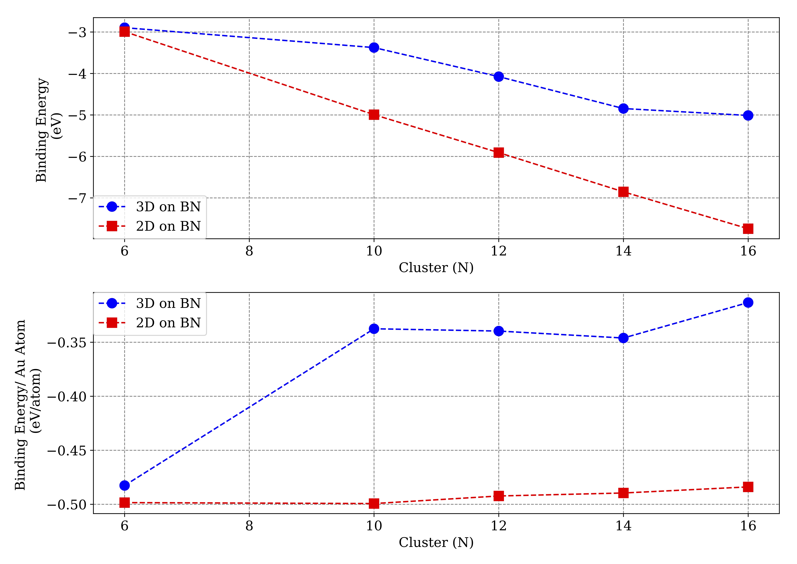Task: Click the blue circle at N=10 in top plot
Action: (x=374, y=48)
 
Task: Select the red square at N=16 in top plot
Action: (x=748, y=228)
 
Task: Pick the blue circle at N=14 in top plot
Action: (x=623, y=108)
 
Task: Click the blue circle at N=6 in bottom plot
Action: (x=125, y=486)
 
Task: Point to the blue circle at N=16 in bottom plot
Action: (x=748, y=303)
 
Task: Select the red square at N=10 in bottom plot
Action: (x=374, y=503)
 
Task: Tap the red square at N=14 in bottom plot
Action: (x=623, y=493)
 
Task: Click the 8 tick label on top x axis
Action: (x=249, y=251)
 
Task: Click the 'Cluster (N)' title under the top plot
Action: (x=436, y=268)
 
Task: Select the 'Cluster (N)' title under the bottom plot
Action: (x=436, y=542)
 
